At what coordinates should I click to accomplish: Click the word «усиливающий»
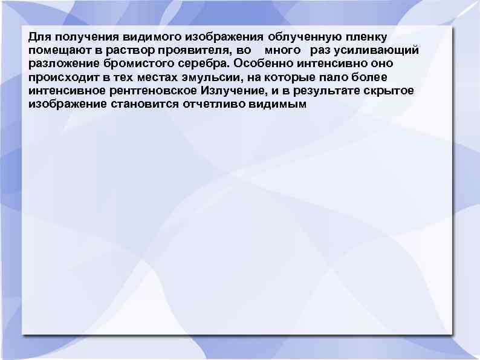tap(381, 49)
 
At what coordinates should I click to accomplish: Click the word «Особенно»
tap(260, 63)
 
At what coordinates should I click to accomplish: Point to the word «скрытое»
tap(386, 91)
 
